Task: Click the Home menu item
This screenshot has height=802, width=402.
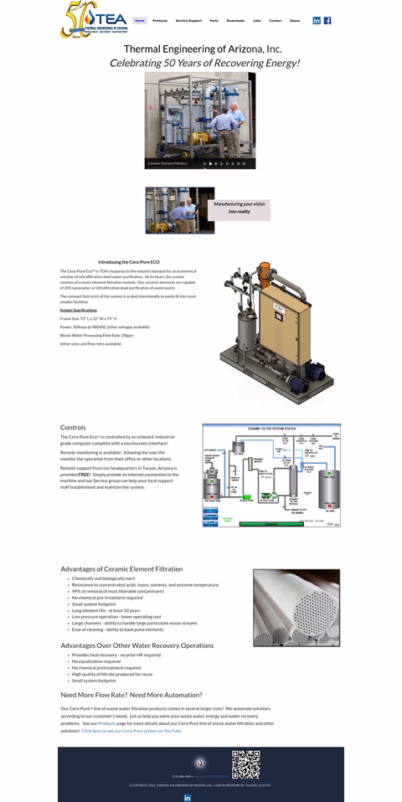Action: pos(140,20)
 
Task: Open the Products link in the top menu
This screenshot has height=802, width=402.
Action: pos(160,20)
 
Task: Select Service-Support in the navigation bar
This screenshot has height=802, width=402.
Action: pos(188,20)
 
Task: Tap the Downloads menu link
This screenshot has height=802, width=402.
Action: pos(235,20)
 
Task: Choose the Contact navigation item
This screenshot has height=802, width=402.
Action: pos(275,20)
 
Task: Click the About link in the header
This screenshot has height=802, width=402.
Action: pos(295,20)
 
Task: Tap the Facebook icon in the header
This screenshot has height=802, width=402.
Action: pos(327,20)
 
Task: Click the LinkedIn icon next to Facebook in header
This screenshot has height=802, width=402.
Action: pos(317,20)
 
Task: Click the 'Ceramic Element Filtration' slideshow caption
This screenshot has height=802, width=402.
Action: pos(167,163)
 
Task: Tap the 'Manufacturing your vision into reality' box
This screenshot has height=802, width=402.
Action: pos(239,207)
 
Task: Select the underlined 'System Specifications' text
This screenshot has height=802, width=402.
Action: pos(79,310)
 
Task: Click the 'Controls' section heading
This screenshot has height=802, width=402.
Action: pos(73,427)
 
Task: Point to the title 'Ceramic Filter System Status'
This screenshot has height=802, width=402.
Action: pos(271,428)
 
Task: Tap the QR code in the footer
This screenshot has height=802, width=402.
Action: pos(245,764)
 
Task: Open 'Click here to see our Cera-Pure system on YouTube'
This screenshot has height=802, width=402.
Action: pos(131,731)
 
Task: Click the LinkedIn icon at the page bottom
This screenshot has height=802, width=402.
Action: pos(187,797)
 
